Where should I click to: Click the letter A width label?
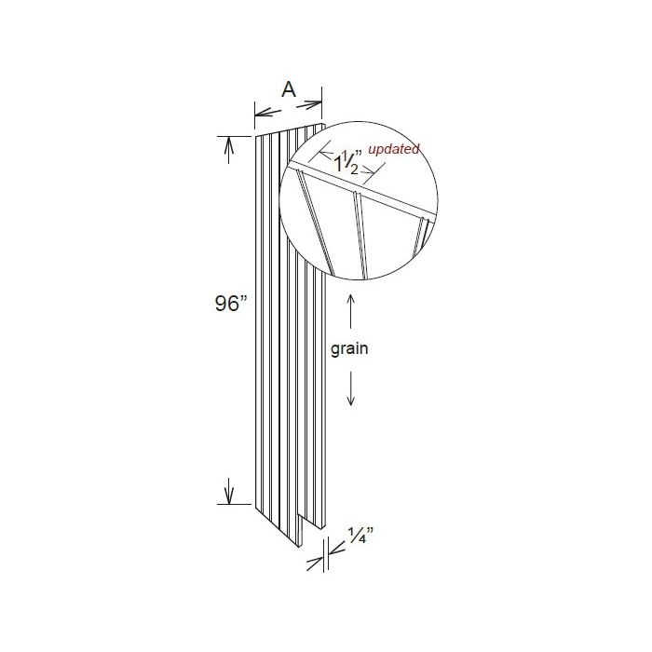click(x=289, y=89)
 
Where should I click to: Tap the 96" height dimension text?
click(x=227, y=305)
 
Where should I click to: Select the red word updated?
click(x=393, y=149)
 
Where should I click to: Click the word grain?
click(x=350, y=350)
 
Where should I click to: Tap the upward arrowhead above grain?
click(x=350, y=300)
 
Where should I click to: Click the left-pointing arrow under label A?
click(x=262, y=112)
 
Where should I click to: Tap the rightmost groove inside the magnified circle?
click(x=423, y=231)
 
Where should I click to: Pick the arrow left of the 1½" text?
click(x=324, y=150)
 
